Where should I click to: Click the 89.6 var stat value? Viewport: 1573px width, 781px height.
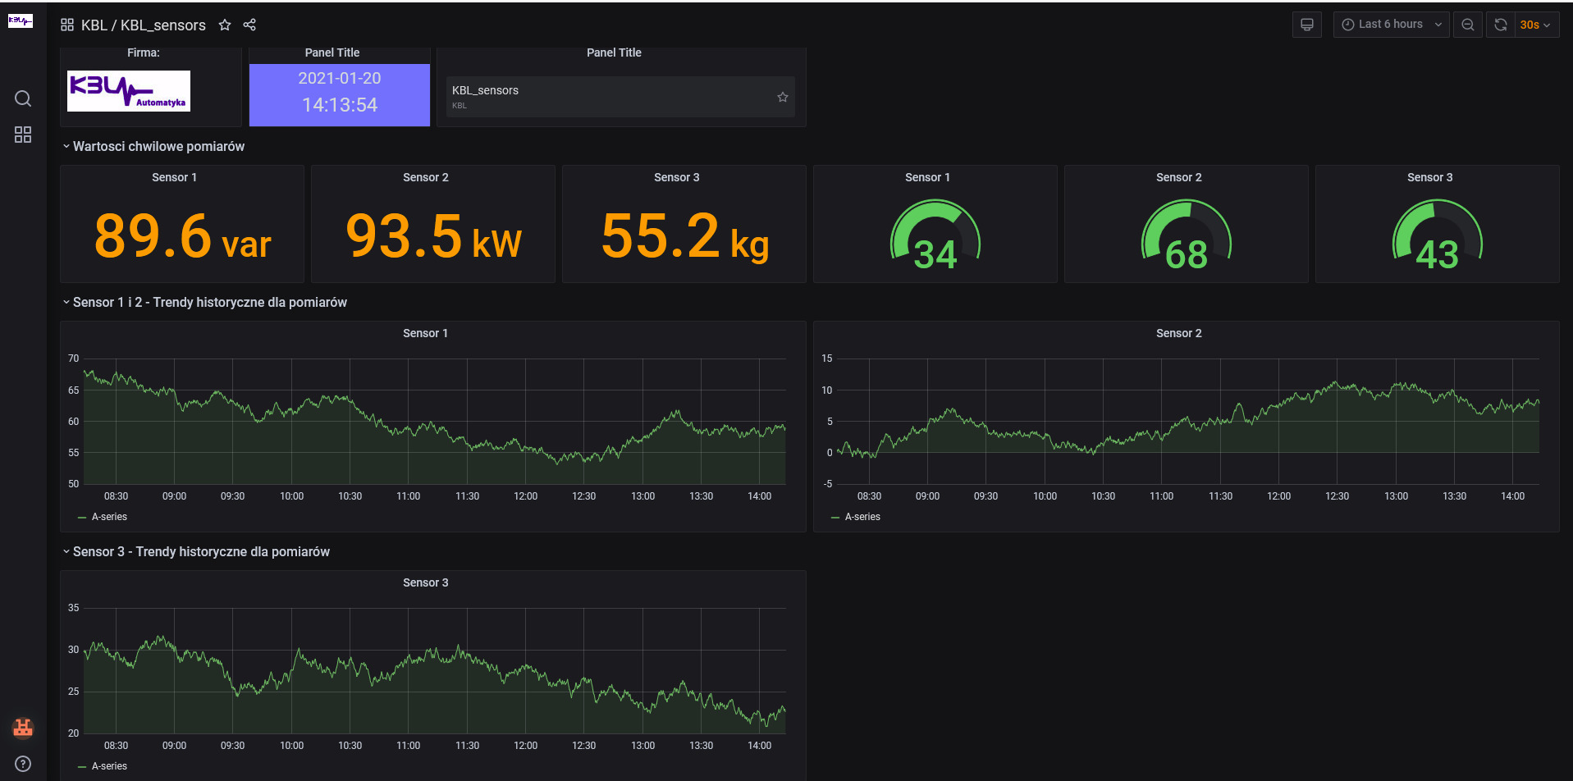pyautogui.click(x=182, y=236)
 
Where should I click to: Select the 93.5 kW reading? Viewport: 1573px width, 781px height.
pyautogui.click(x=433, y=236)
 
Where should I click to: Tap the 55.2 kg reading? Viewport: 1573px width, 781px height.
pyautogui.click(x=684, y=236)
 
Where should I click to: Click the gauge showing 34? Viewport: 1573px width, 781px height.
pyautogui.click(x=935, y=239)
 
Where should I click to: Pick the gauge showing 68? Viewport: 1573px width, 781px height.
pyautogui.click(x=1187, y=239)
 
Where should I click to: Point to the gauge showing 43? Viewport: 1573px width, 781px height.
pyautogui.click(x=1438, y=239)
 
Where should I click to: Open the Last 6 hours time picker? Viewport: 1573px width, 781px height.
pyautogui.click(x=1391, y=25)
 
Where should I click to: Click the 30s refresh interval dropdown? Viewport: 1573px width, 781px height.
pyautogui.click(x=1535, y=25)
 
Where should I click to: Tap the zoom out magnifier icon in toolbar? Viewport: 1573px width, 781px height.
pyautogui.click(x=1468, y=25)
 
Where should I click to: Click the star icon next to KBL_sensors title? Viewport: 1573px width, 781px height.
pyautogui.click(x=225, y=25)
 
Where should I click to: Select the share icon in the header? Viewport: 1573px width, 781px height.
pyautogui.click(x=249, y=25)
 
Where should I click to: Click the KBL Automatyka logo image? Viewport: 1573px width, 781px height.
pyautogui.click(x=129, y=90)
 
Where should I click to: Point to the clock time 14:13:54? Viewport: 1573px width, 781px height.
pyautogui.click(x=340, y=105)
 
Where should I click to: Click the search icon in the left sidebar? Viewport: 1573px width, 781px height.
pyautogui.click(x=23, y=98)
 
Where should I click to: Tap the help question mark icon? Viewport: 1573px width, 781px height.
pyautogui.click(x=23, y=764)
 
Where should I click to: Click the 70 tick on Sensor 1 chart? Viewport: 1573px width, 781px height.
pyautogui.click(x=74, y=359)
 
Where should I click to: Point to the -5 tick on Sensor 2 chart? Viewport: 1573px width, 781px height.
pyautogui.click(x=828, y=484)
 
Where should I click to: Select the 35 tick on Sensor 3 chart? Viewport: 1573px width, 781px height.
pyautogui.click(x=74, y=608)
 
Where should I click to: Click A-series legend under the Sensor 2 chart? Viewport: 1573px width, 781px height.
pyautogui.click(x=862, y=517)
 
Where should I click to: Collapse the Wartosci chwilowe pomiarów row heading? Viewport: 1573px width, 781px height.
pyautogui.click(x=158, y=146)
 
